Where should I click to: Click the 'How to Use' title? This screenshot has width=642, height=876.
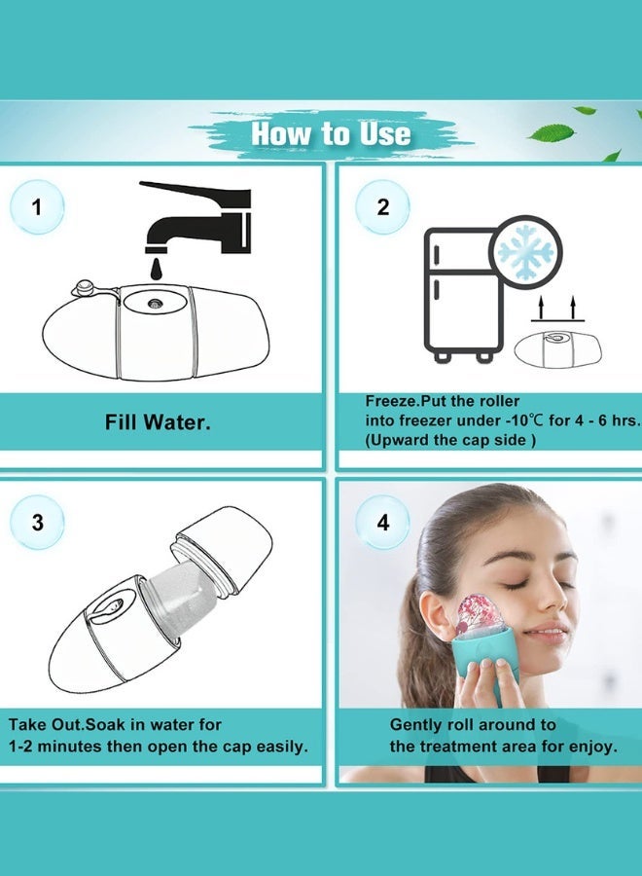331,133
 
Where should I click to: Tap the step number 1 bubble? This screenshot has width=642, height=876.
37,206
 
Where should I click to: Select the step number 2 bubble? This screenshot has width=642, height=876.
382,206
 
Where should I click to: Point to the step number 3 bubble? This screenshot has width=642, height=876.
37,522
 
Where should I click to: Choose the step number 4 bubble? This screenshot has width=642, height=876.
382,522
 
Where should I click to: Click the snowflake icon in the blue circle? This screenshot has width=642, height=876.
526,250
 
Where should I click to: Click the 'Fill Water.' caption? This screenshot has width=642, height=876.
159,422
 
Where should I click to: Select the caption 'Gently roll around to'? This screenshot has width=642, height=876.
473,724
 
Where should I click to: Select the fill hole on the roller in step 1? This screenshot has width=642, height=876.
155,303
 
